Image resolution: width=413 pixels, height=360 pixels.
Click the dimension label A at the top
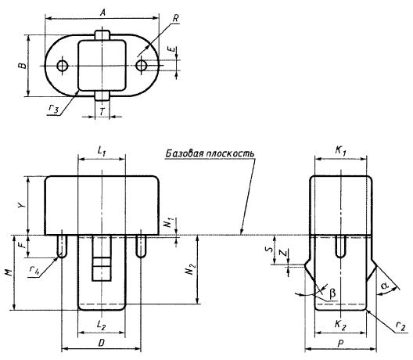(103, 12)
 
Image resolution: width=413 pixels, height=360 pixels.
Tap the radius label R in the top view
(176, 18)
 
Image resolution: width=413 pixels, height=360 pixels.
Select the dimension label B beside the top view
(23, 65)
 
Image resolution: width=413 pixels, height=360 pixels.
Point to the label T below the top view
(102, 112)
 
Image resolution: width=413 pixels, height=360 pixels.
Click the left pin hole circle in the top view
(63, 66)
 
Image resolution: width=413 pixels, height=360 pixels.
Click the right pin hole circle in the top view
(141, 66)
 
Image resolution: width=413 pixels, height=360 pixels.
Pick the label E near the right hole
(172, 49)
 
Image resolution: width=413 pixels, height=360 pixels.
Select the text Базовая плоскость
(210, 153)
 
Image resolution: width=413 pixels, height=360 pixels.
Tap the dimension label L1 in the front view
(101, 151)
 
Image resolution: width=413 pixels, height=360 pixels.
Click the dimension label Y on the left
(23, 205)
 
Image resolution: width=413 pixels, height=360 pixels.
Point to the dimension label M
(9, 273)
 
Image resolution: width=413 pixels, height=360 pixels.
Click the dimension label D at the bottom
(102, 343)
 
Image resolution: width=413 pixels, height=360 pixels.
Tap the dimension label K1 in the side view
(340, 151)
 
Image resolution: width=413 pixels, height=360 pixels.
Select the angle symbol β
(332, 293)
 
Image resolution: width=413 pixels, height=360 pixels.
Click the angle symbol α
(385, 285)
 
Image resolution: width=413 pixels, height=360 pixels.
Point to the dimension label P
(341, 343)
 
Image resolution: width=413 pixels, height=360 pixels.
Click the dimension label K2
(340, 325)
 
